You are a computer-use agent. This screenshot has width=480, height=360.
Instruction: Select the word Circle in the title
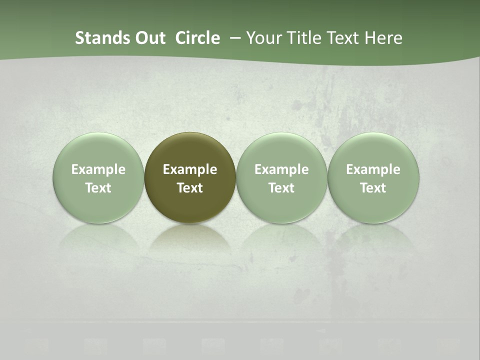197,38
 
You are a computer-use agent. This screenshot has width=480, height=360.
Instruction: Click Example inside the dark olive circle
190,169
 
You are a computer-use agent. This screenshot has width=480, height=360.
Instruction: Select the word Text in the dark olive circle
190,188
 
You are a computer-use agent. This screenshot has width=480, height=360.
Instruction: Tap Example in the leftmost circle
98,169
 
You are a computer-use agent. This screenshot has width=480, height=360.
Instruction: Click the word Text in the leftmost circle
98,188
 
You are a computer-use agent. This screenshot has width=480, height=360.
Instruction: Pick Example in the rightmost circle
373,169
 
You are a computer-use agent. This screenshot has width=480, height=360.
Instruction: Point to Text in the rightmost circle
373,188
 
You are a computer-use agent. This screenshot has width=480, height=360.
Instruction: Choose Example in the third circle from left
281,169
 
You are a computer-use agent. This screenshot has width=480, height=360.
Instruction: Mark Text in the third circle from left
281,188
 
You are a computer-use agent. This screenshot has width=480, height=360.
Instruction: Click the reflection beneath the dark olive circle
190,237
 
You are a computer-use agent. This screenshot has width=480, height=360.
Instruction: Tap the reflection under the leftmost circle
98,237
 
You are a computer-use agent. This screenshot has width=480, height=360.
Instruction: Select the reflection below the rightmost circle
373,237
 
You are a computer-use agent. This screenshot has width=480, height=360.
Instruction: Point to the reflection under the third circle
281,237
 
